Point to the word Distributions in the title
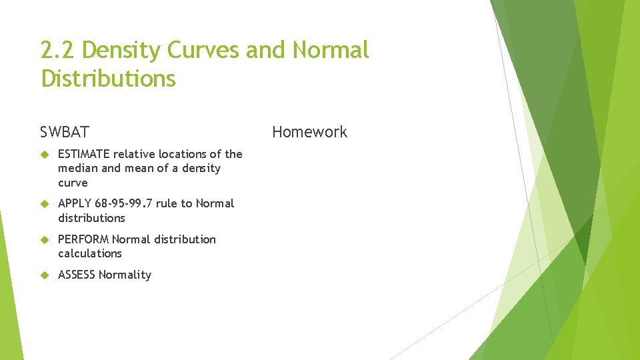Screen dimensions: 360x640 [x=108, y=79]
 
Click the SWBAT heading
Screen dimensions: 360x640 [x=64, y=132]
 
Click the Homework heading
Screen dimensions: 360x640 [x=309, y=132]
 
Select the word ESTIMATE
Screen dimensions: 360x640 [x=84, y=154]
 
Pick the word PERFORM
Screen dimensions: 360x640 [x=83, y=239]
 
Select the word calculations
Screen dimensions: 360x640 [x=90, y=253]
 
